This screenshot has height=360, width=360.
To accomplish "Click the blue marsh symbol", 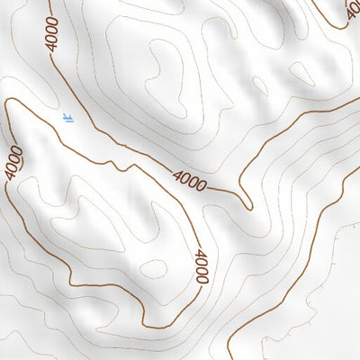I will [x=68, y=117].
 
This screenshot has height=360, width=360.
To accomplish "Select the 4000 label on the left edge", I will [x=13, y=162].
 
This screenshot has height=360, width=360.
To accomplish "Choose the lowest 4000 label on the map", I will [x=201, y=268].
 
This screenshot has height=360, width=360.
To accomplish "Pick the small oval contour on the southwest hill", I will [x=154, y=269].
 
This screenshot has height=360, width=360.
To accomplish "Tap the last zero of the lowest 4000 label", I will [x=202, y=281].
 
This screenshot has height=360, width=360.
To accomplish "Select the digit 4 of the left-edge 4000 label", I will [x=9, y=174].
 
